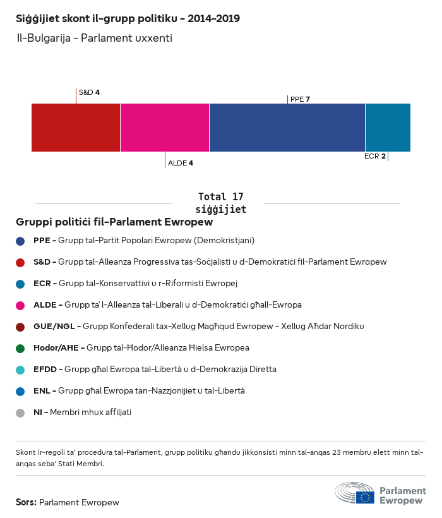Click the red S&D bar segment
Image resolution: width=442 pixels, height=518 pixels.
[76, 127]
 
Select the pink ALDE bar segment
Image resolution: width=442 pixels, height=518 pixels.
[165, 127]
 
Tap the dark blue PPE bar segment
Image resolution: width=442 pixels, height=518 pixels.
[287, 127]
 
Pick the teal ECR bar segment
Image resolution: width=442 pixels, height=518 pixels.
[388, 127]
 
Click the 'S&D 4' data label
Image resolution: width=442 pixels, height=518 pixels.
[89, 92]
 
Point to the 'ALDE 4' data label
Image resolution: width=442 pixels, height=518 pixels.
[181, 163]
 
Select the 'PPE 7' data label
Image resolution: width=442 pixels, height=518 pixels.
[300, 99]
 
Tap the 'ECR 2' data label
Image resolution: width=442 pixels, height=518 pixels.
[375, 156]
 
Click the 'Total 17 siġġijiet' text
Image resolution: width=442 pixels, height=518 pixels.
[220, 203]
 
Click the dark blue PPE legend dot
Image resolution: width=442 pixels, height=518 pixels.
[21, 241]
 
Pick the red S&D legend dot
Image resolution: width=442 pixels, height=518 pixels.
[21, 262]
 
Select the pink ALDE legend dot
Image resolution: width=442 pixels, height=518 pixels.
[21, 305]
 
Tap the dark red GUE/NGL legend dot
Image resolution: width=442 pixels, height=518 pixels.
[21, 327]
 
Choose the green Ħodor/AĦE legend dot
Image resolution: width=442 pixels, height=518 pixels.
[21, 348]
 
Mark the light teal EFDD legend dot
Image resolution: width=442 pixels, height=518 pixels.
[21, 370]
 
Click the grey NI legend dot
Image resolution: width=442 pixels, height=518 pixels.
[21, 413]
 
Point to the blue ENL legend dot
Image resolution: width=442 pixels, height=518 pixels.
[21, 391]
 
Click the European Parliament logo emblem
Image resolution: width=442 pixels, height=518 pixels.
[355, 493]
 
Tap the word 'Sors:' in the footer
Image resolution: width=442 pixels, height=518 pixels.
[26, 503]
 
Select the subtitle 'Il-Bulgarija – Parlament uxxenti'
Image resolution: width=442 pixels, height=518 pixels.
[95, 39]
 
